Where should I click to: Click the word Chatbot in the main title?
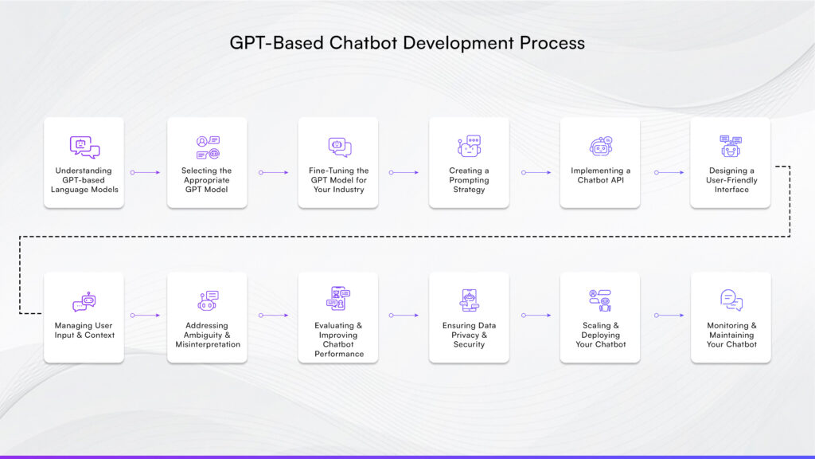pyautogui.click(x=360, y=43)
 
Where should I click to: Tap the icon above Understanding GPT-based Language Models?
pyautogui.click(x=84, y=147)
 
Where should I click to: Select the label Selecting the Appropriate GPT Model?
pyautogui.click(x=207, y=180)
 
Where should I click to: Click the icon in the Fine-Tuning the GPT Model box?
pyautogui.click(x=339, y=147)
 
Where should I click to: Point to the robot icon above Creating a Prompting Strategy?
pyautogui.click(x=470, y=147)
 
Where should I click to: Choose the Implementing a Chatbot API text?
pyautogui.click(x=600, y=175)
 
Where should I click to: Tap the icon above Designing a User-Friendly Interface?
pyautogui.click(x=731, y=147)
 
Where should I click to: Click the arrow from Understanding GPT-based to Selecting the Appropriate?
pyautogui.click(x=145, y=172)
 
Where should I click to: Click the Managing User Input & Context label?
pyautogui.click(x=84, y=330)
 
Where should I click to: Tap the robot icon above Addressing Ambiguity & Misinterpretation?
pyautogui.click(x=207, y=300)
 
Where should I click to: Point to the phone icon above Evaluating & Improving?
pyautogui.click(x=337, y=299)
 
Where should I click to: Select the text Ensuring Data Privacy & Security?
pyautogui.click(x=470, y=335)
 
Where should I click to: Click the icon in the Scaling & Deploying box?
pyautogui.click(x=599, y=300)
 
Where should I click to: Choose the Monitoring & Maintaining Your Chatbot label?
pyautogui.click(x=731, y=335)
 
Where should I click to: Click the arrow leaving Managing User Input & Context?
pyautogui.click(x=145, y=316)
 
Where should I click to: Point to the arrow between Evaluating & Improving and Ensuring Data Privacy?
pyautogui.click(x=404, y=316)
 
